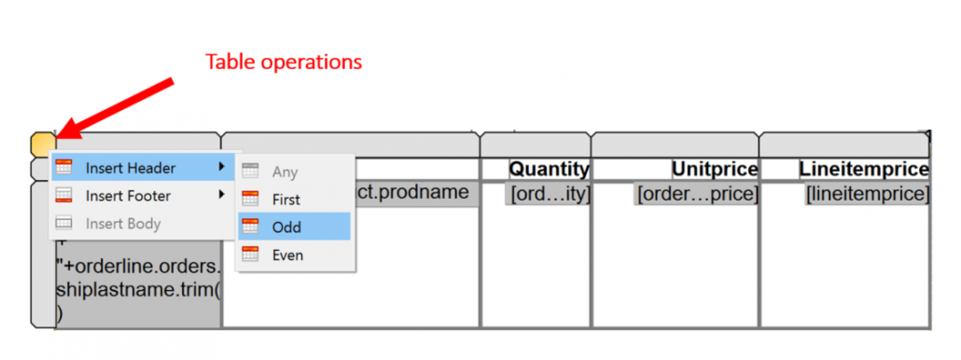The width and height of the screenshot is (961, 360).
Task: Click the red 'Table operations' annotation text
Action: [284, 62]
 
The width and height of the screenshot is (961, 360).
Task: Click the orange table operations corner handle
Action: [42, 145]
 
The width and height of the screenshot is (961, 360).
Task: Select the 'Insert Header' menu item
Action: [130, 168]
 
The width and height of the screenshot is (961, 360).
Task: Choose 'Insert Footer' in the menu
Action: [130, 196]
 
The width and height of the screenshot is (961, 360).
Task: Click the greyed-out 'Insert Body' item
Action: [122, 224]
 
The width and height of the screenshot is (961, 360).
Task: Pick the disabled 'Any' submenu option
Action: [285, 172]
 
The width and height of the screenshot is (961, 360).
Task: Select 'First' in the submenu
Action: [286, 199]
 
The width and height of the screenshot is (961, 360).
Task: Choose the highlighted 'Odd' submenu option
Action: [286, 227]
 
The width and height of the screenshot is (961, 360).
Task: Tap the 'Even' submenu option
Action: [287, 255]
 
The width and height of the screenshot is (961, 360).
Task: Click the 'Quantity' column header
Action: [549, 170]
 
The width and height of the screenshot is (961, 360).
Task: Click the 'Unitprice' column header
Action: [715, 170]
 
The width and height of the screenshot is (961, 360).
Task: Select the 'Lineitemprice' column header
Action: [863, 170]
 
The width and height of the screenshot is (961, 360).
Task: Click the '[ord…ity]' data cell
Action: [549, 194]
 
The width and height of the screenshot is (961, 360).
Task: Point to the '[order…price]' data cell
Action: [696, 194]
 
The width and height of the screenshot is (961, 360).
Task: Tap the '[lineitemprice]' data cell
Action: [868, 194]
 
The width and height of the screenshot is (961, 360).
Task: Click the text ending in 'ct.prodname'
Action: [414, 193]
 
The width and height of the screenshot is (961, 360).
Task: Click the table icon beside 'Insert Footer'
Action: [64, 196]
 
